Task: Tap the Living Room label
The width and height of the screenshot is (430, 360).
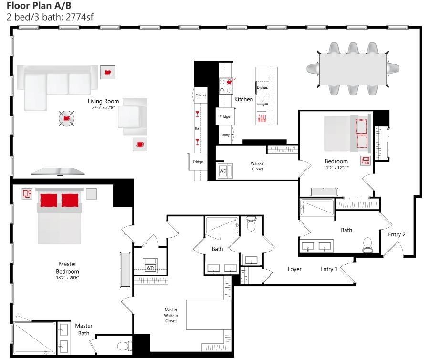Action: (x=103, y=101)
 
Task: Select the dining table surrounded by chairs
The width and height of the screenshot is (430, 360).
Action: (x=352, y=69)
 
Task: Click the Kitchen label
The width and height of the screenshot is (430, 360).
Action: (x=243, y=99)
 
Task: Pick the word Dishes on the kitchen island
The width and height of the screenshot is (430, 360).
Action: (x=262, y=88)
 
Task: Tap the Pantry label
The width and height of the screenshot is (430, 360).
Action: (x=225, y=135)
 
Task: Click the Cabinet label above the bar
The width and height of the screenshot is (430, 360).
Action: (x=200, y=95)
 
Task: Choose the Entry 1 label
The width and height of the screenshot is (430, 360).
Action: (x=329, y=269)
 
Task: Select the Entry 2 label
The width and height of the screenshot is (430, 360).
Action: (x=397, y=234)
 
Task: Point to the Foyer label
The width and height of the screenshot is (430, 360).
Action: (x=294, y=269)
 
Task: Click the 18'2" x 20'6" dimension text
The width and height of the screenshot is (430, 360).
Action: (x=67, y=277)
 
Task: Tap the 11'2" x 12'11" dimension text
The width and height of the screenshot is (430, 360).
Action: (x=336, y=168)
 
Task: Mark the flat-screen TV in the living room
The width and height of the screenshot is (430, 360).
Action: (x=59, y=171)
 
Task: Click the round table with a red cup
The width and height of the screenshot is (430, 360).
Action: (x=66, y=118)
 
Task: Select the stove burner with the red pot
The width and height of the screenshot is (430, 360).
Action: (x=230, y=82)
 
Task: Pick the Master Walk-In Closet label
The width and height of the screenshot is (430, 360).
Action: (x=170, y=315)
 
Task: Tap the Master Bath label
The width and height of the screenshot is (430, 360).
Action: (x=84, y=329)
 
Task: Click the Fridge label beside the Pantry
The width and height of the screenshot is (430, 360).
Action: (x=225, y=116)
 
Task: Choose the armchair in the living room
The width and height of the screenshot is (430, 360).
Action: (x=132, y=116)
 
